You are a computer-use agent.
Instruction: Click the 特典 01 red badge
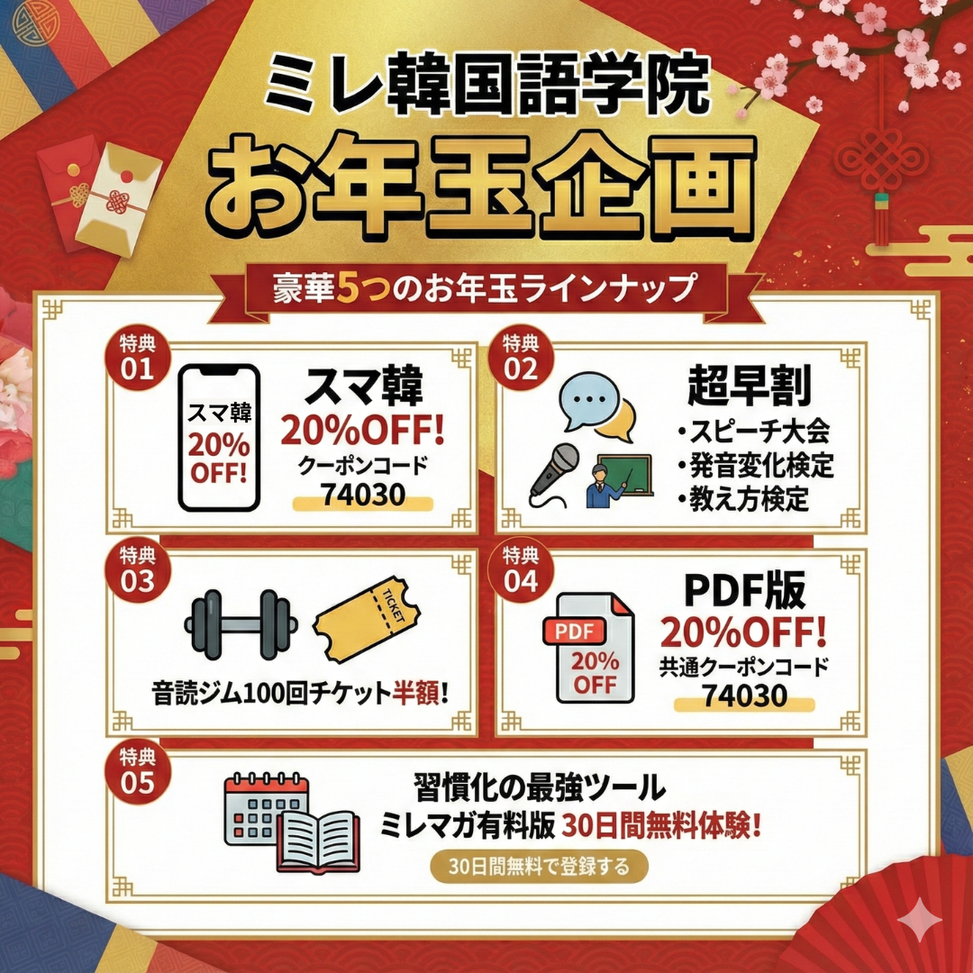click(x=137, y=358)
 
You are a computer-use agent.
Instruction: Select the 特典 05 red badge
click(x=137, y=771)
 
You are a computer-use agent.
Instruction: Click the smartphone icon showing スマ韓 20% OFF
click(x=218, y=438)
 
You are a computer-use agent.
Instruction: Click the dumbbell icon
click(x=241, y=624)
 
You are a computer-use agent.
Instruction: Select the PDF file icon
click(x=588, y=648)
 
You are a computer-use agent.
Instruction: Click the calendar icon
click(x=266, y=808)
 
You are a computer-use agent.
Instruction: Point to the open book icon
click(x=319, y=841)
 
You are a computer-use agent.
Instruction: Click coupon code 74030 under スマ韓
click(x=363, y=495)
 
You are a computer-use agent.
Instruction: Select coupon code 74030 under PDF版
click(x=745, y=696)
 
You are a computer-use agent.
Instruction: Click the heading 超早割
click(x=749, y=386)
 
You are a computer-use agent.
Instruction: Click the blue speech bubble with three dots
click(x=588, y=401)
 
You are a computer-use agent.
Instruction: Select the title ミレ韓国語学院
click(x=486, y=85)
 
